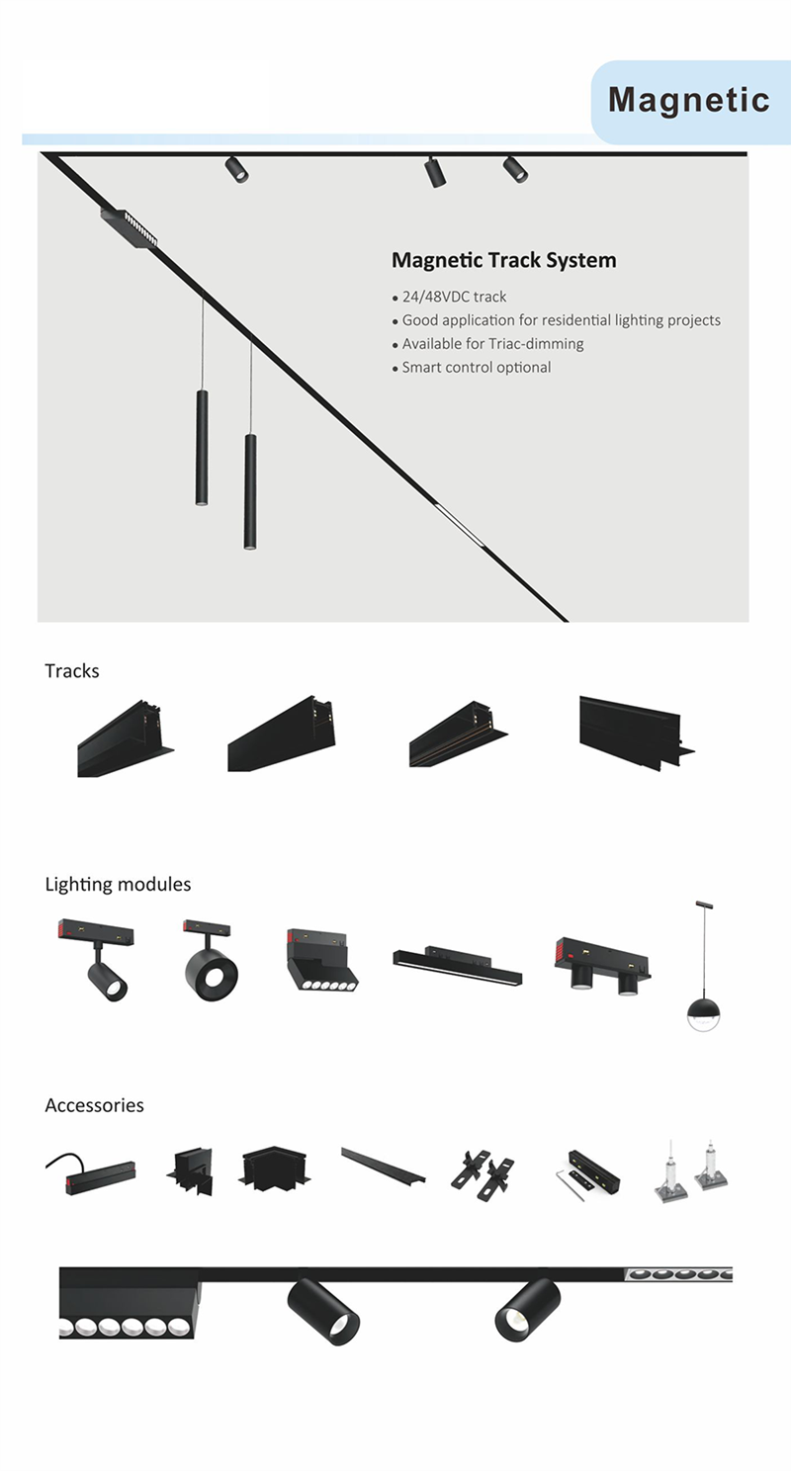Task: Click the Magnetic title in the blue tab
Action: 688,101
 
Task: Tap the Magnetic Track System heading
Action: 504,260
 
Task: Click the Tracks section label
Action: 71,670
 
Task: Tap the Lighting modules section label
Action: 118,884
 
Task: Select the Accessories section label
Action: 94,1105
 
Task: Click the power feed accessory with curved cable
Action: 91,1174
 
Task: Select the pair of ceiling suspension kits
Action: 691,1171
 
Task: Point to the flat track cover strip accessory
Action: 384,1167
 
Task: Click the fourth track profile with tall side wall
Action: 636,733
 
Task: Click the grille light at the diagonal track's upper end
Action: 131,228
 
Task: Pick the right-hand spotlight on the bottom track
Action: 528,1310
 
